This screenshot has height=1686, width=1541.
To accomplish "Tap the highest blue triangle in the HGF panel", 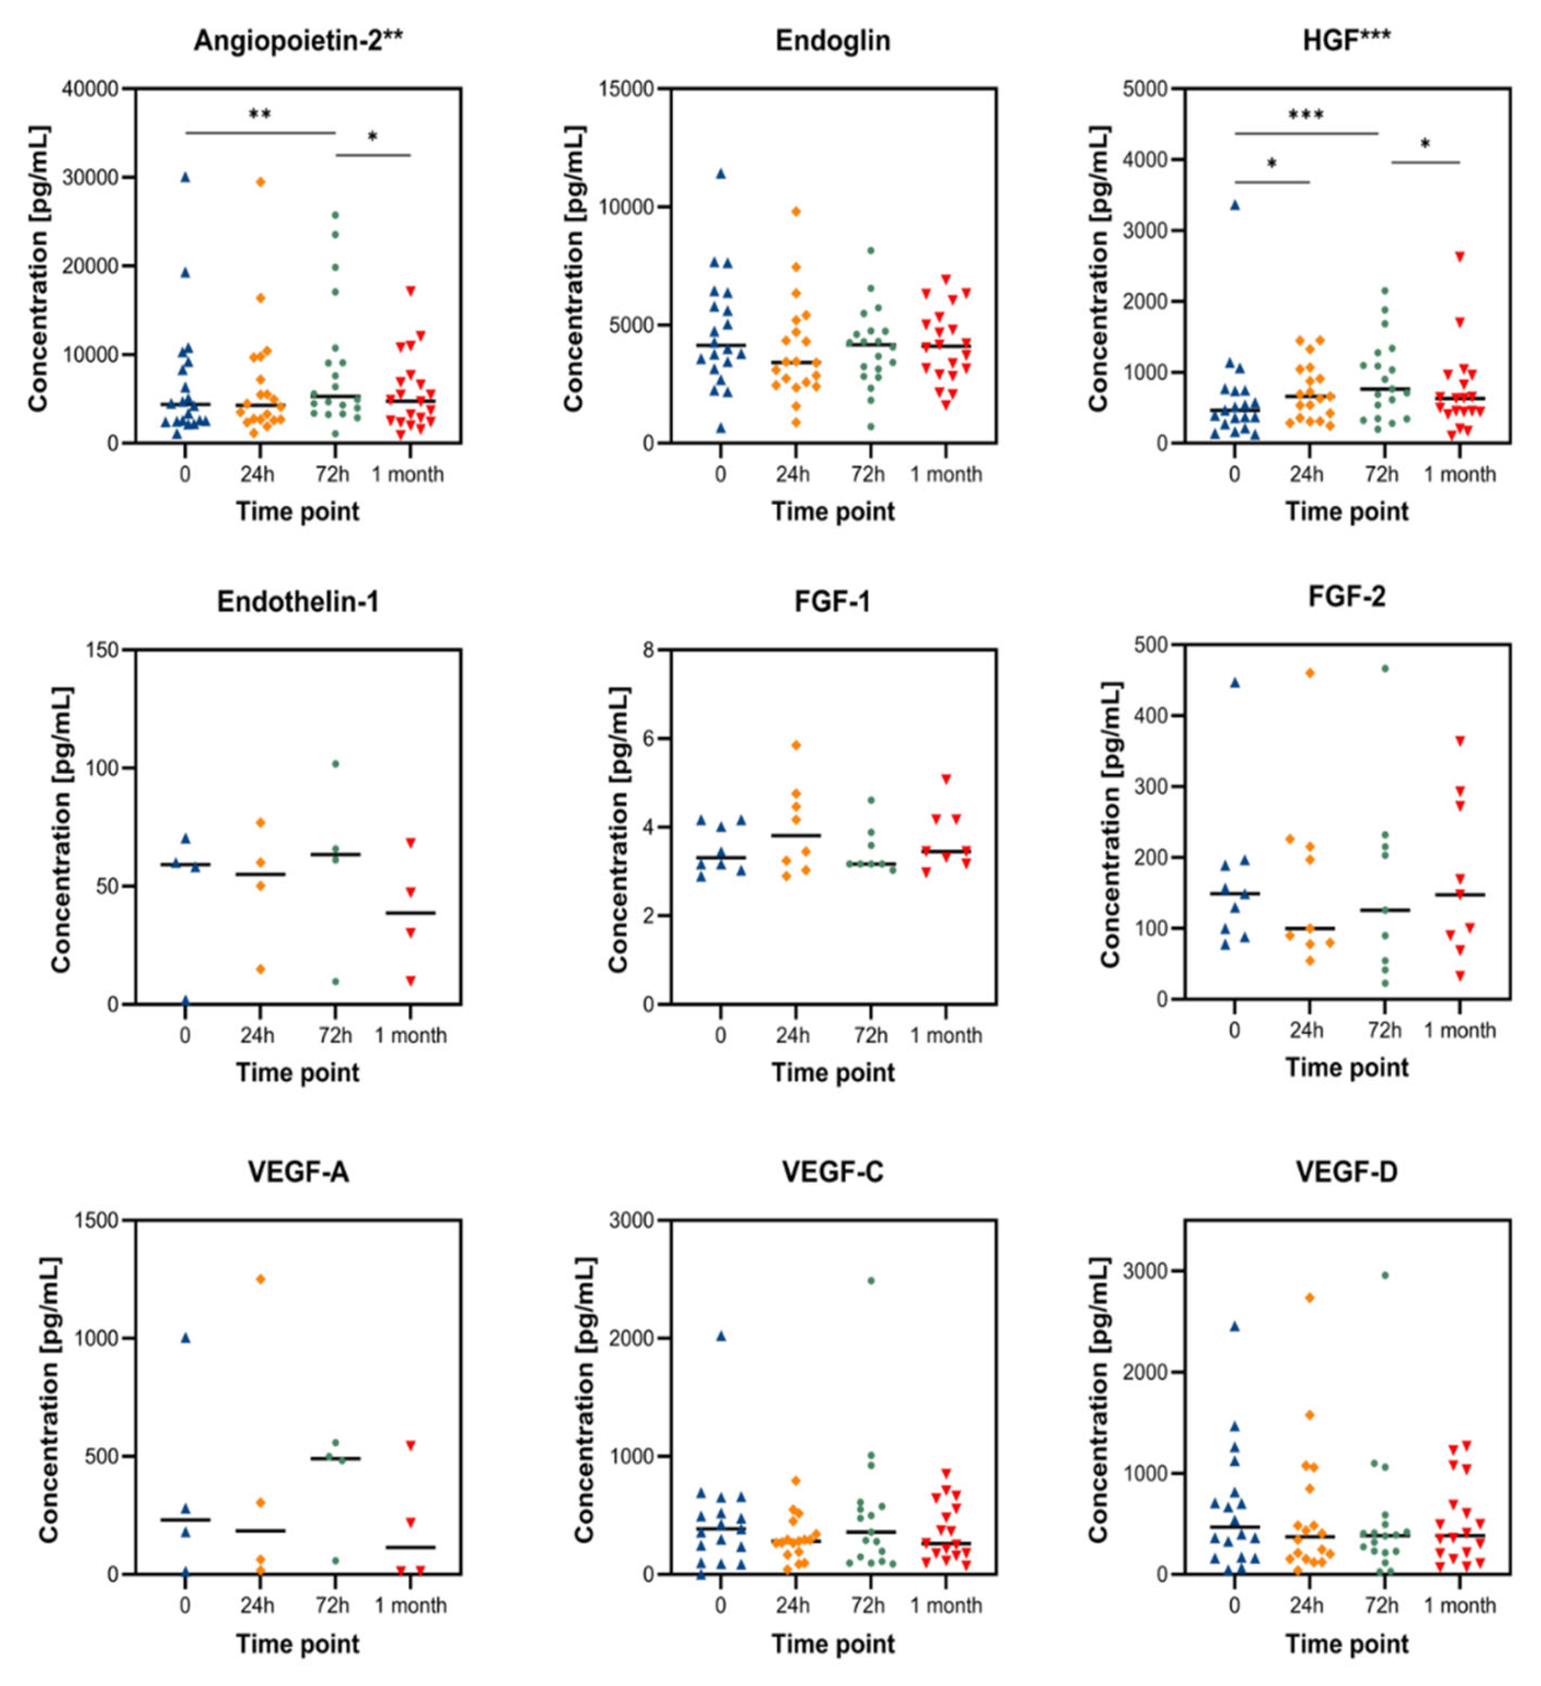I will click(x=1234, y=205).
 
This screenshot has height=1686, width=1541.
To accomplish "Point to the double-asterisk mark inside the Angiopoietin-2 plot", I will click(x=259, y=114).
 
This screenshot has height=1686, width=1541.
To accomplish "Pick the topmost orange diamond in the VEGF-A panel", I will click(x=260, y=1279).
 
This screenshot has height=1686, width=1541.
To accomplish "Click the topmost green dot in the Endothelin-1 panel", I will click(x=335, y=763).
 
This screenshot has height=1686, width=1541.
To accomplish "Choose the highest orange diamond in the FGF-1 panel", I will click(x=796, y=744).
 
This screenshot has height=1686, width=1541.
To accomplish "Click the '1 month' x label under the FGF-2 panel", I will click(x=1459, y=1030).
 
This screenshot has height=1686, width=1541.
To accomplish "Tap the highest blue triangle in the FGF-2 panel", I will click(x=1234, y=683).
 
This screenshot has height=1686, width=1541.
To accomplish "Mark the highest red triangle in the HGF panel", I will click(x=1459, y=257).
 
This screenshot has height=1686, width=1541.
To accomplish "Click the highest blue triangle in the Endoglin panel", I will click(x=720, y=174).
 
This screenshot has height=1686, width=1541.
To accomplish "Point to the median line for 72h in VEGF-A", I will click(x=335, y=1458).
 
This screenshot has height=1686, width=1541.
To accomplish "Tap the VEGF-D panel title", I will click(x=1346, y=1172).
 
